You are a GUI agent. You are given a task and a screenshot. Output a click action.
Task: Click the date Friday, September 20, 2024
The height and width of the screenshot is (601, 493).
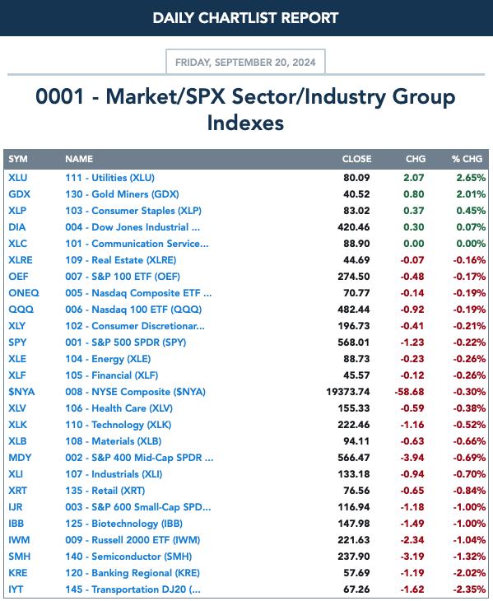pos(245,63)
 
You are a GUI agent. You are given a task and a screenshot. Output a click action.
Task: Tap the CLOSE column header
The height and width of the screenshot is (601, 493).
pos(356,159)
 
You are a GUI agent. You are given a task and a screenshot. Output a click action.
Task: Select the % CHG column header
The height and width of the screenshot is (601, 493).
pos(467,159)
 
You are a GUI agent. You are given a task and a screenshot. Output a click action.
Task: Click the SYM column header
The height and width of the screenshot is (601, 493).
pos(18,159)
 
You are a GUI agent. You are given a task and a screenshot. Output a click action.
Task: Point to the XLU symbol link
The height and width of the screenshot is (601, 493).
pos(18,178)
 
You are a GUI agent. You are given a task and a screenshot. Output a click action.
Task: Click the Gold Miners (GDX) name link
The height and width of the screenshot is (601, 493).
pos(122,194)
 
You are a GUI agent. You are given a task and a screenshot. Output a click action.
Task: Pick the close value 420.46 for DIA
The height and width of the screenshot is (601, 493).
pos(354,227)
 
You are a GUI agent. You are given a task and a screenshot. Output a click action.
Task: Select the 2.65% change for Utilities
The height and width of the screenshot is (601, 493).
pos(471,178)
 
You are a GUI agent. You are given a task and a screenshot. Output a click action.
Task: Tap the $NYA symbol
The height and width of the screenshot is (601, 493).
pos(21,392)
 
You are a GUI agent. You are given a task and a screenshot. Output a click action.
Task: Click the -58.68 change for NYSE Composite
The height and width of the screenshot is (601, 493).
pos(409,392)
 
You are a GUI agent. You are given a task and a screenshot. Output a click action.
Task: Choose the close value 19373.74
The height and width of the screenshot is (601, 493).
pos(348,392)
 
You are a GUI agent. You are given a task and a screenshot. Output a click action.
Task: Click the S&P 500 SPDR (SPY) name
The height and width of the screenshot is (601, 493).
pos(126,342)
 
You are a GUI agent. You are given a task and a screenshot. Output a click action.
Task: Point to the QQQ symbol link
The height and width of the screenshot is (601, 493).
pos(21,310)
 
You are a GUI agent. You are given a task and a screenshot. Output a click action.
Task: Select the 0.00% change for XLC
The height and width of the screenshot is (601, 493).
pos(471,244)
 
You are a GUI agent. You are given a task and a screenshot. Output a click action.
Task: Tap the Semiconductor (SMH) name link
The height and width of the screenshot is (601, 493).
pos(128,557)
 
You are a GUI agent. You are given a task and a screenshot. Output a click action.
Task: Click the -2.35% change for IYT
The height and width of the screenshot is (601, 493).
pos(469,589)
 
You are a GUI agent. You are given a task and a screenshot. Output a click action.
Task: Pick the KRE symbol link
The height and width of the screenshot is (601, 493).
pos(18,573)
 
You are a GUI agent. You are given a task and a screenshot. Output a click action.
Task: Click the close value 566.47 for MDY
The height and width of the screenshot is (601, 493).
pos(354,458)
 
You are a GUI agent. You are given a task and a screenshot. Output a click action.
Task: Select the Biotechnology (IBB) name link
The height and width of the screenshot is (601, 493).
pos(123,524)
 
